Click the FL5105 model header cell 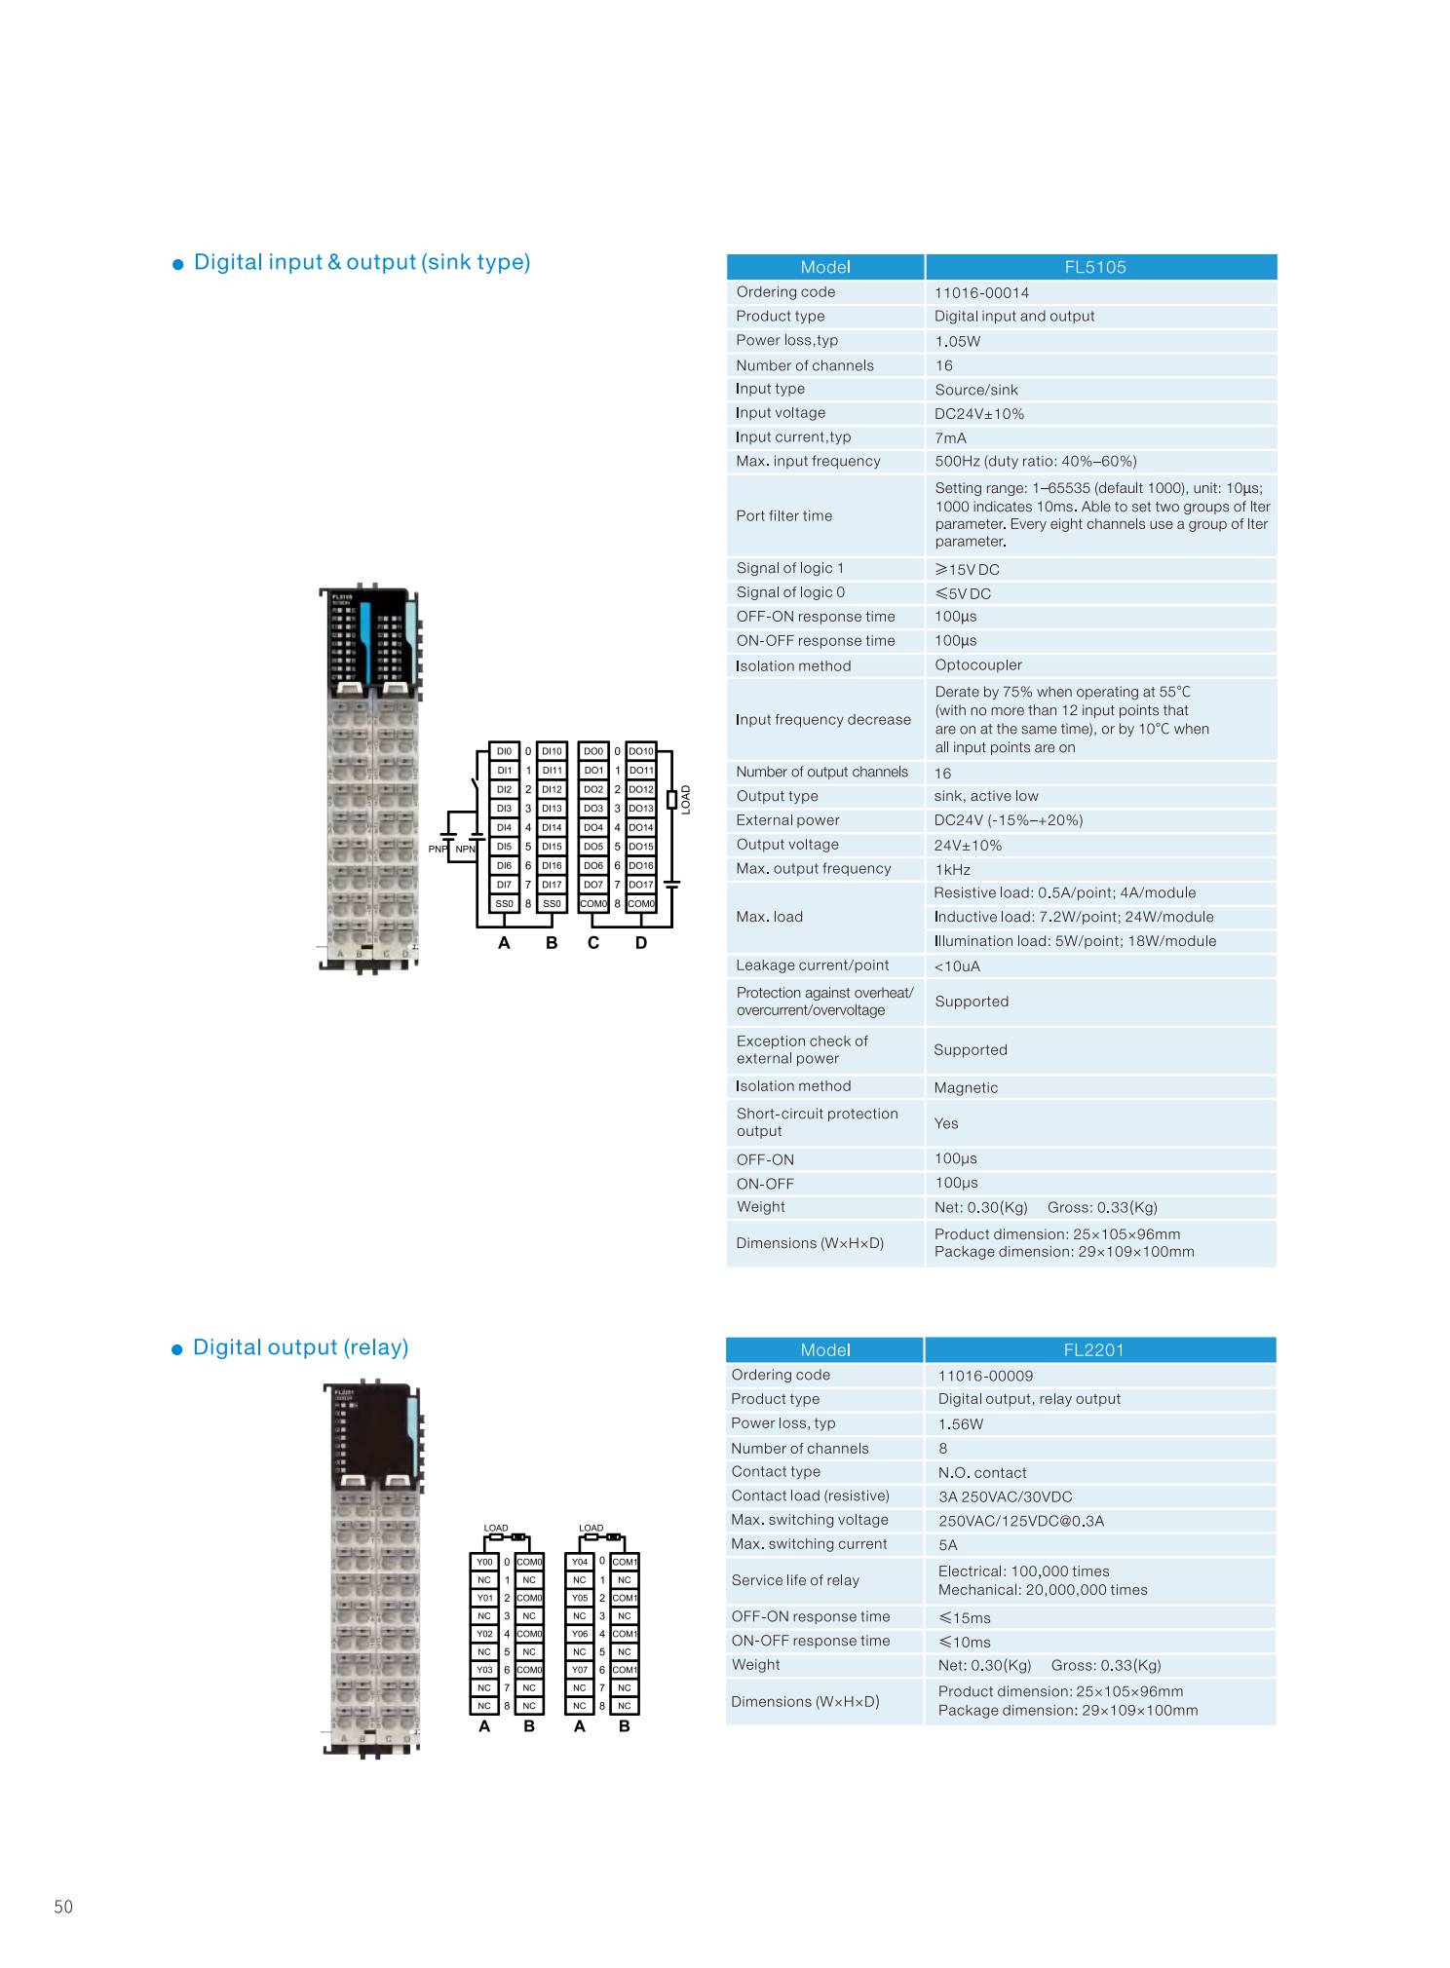click(x=1099, y=267)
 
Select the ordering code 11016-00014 click(x=981, y=292)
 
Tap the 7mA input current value click(x=950, y=438)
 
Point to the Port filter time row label click(x=783, y=515)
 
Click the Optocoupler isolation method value click(x=977, y=665)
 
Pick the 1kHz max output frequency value click(x=952, y=869)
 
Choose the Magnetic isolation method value click(x=966, y=1087)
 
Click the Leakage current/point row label click(x=812, y=965)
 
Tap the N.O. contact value click(x=981, y=1473)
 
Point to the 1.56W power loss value click(x=960, y=1424)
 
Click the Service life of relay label click(x=795, y=1580)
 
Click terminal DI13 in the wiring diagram click(x=552, y=809)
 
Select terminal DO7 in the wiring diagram click(x=593, y=885)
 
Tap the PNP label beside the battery click(x=438, y=850)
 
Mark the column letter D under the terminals click(x=640, y=943)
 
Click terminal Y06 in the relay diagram click(x=580, y=1634)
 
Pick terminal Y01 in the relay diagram click(x=484, y=1598)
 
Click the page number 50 click(x=63, y=1908)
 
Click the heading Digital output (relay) click(x=300, y=1347)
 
